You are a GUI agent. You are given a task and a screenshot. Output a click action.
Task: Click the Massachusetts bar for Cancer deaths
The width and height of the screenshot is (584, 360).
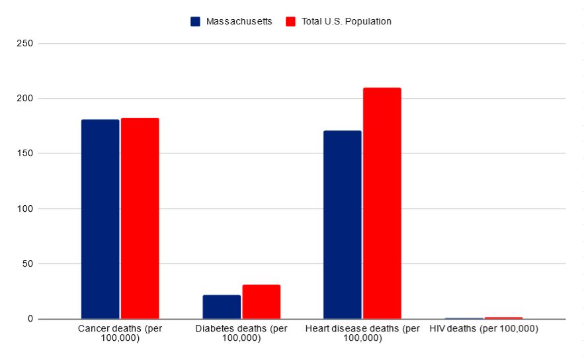coord(100,219)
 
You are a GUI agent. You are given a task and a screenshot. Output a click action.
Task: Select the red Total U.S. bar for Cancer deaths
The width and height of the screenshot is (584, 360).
coord(140,218)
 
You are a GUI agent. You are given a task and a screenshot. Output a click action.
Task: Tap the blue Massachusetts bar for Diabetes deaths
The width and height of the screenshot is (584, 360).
coord(222,307)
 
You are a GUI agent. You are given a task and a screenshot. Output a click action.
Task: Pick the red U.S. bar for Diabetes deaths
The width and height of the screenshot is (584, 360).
coord(261,302)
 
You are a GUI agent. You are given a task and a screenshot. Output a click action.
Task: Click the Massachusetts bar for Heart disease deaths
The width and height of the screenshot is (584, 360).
coord(342,225)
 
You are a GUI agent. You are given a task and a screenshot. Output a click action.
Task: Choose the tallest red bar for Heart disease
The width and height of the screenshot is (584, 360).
coord(382,203)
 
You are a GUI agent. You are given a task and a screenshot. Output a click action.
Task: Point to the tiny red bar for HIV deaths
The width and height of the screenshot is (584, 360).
coord(503,318)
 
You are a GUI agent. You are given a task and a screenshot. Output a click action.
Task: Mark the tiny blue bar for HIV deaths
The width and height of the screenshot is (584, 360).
coord(464,318)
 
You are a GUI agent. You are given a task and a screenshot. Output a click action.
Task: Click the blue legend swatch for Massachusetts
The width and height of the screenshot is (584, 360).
coord(195,21)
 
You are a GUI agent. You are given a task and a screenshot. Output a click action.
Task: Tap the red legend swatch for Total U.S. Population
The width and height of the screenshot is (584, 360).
coord(290,21)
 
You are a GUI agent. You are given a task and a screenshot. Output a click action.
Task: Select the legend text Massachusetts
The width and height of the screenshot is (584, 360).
coord(239,21)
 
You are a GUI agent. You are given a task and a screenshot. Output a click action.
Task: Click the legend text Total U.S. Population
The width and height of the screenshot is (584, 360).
coord(347,21)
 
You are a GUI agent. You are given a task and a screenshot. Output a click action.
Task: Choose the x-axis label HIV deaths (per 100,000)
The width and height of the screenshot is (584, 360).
coord(483,329)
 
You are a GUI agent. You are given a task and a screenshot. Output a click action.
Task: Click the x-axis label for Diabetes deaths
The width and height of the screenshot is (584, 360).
coord(241,334)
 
